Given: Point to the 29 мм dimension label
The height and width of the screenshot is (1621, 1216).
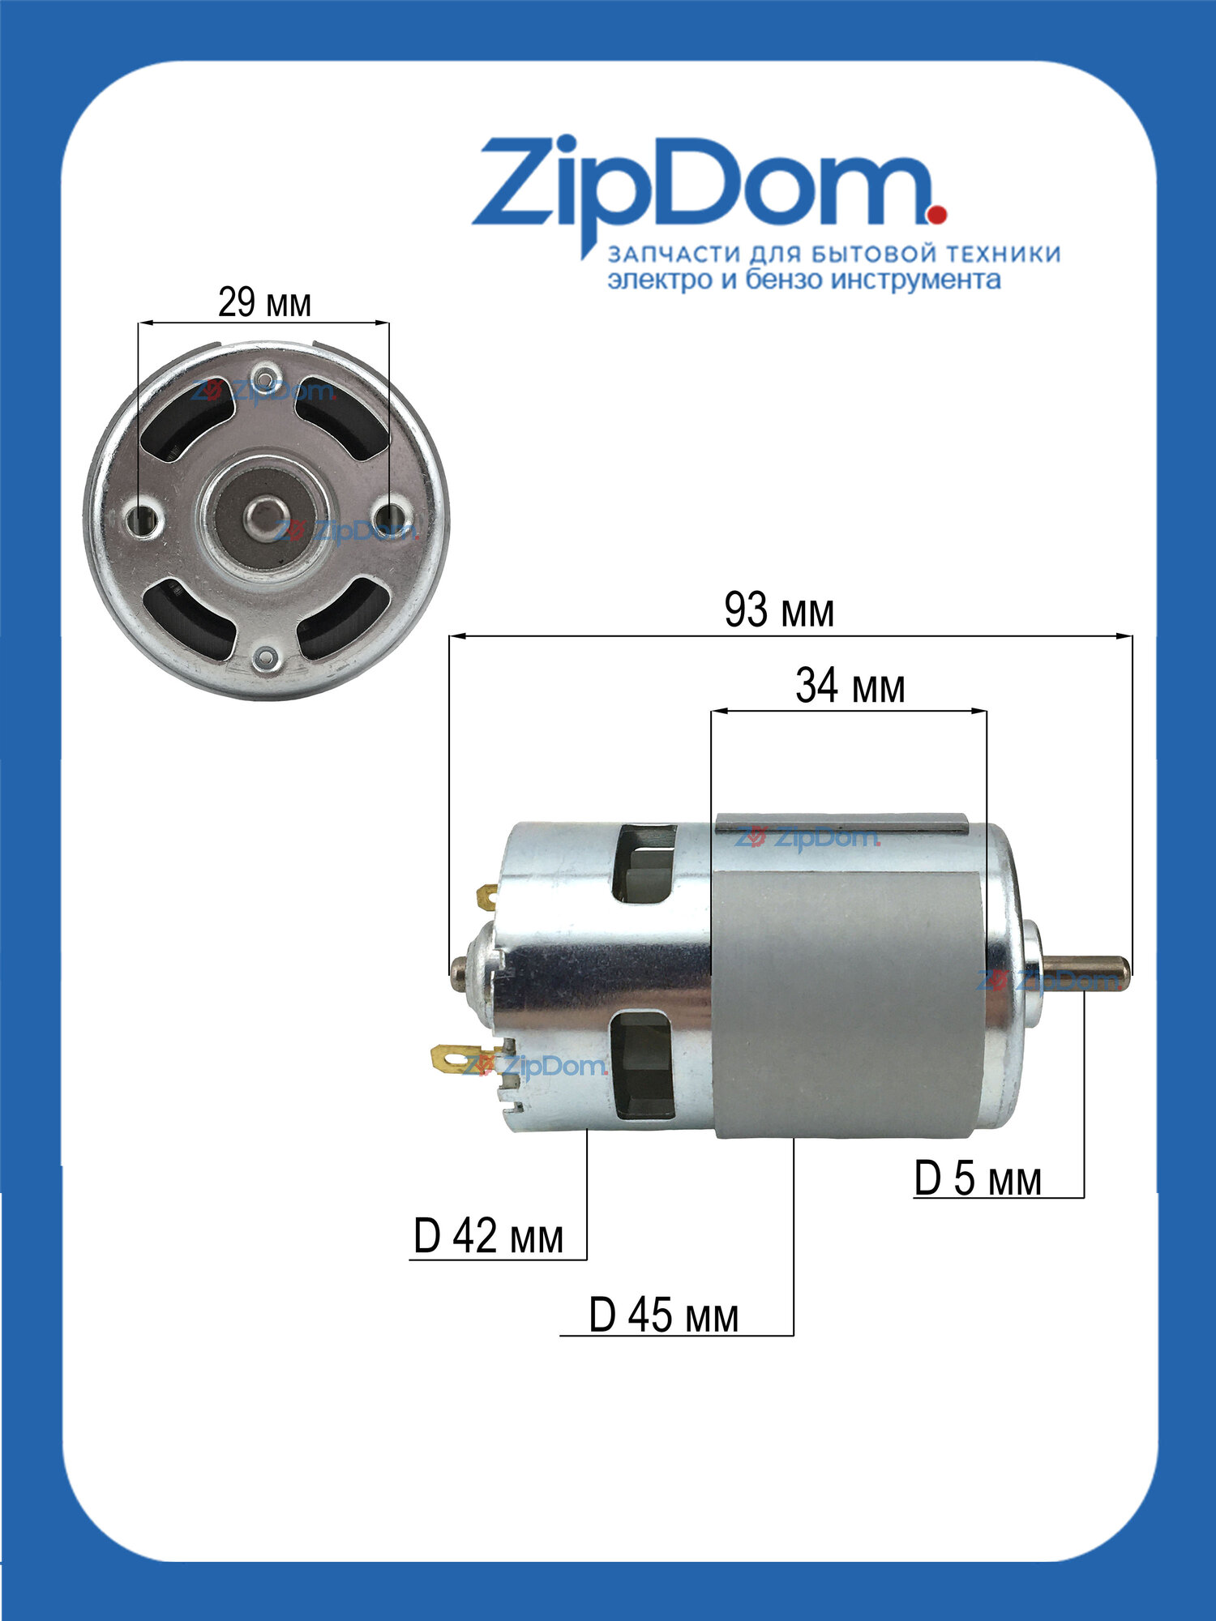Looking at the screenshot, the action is (264, 303).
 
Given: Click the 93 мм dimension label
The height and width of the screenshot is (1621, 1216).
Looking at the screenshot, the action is (779, 611).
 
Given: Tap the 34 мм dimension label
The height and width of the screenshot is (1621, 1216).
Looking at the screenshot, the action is (850, 686).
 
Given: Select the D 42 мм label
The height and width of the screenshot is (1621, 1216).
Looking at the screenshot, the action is (488, 1237).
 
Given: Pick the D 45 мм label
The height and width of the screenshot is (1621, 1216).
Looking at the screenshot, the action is (664, 1315).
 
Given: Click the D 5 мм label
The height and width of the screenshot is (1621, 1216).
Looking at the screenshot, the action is (978, 1178).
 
